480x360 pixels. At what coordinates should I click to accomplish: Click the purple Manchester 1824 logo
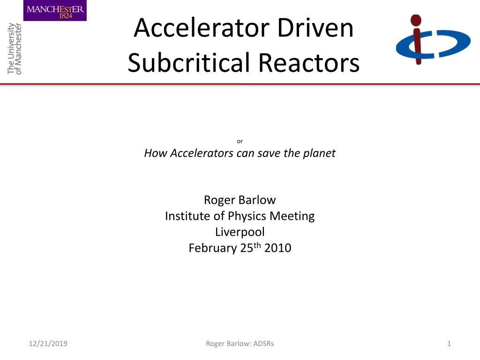tap(55, 10)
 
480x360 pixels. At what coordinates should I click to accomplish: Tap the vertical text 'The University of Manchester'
tap(15, 48)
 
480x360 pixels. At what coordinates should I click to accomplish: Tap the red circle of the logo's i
tap(415, 21)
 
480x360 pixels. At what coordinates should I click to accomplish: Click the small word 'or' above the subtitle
tap(240, 141)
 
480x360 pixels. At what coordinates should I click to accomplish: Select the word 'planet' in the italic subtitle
tap(320, 153)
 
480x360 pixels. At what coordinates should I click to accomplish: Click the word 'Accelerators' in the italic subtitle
tap(202, 153)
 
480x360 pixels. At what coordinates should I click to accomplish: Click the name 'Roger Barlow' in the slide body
tap(240, 200)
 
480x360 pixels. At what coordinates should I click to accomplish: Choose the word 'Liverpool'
tap(240, 232)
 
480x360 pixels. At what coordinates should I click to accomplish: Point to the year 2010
tap(277, 248)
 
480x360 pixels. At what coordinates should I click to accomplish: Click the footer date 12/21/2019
tap(47, 344)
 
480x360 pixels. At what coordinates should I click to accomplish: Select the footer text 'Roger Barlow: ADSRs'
tap(240, 344)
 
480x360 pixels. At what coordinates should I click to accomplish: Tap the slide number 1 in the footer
tap(449, 344)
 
